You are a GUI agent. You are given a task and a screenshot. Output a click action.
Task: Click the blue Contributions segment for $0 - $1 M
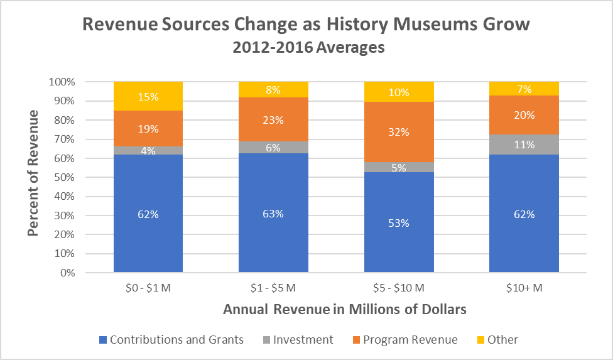pos(148,214)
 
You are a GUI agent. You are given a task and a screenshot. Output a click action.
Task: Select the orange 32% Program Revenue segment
pos(399,132)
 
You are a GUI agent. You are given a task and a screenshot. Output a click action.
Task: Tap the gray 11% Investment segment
pos(524,145)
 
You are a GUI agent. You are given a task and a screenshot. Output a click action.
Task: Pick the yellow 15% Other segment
pos(148,97)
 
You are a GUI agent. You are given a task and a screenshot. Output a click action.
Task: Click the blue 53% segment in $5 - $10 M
pos(399,222)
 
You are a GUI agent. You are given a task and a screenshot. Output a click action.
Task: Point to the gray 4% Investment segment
pos(148,151)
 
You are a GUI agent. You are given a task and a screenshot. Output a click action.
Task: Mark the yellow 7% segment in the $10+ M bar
pos(524,89)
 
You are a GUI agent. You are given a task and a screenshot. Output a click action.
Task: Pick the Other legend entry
pos(496,340)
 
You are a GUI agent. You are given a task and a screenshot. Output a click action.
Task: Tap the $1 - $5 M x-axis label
pos(274,288)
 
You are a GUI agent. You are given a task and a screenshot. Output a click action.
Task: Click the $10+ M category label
pos(524,288)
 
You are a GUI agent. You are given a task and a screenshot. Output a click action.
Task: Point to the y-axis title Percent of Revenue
pos(33,173)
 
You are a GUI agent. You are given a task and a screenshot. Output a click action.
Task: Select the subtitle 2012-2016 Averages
pos(306,48)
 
